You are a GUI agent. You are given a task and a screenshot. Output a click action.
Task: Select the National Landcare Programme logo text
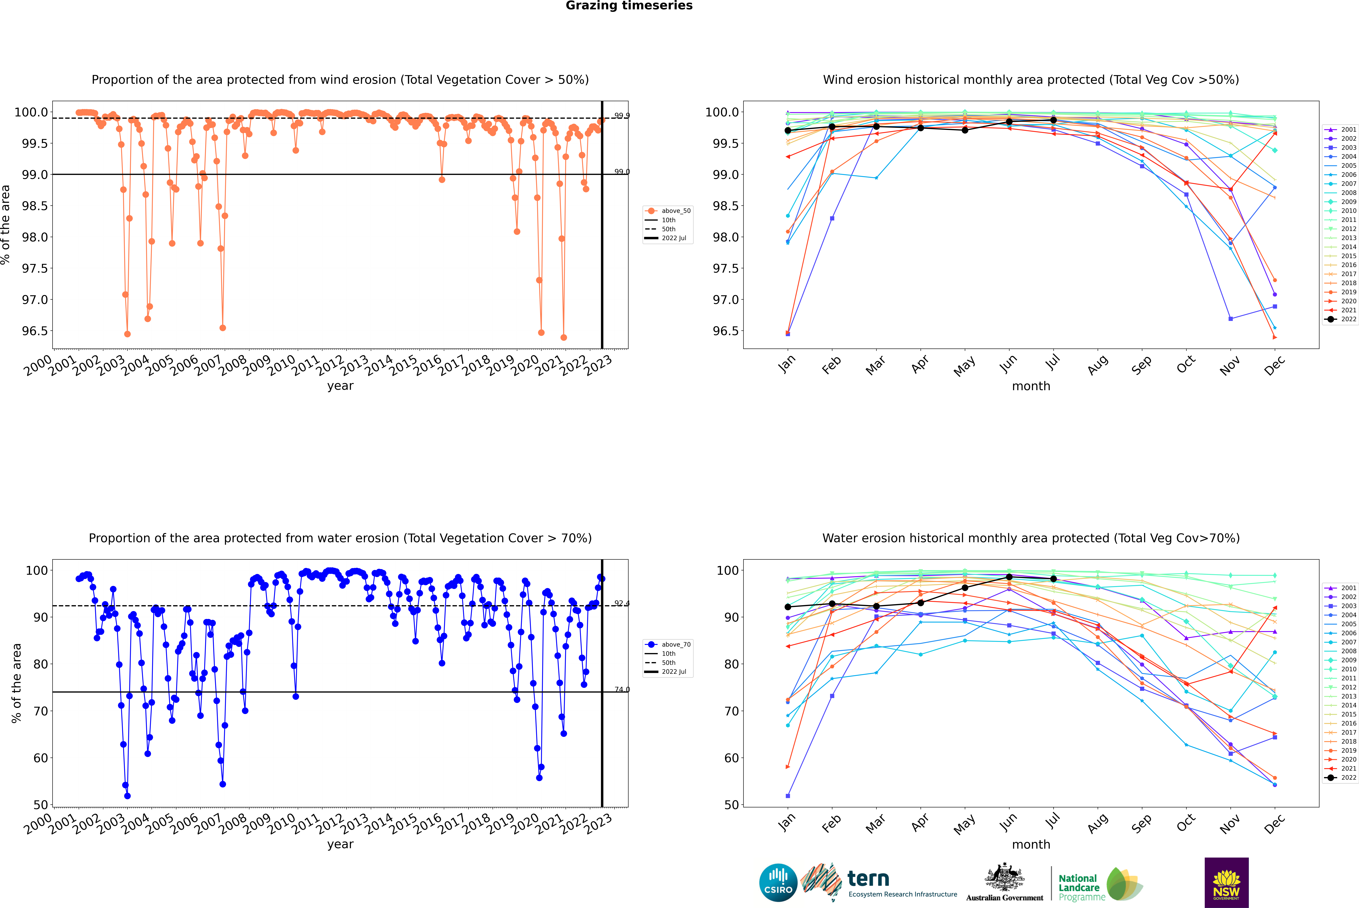(1079, 887)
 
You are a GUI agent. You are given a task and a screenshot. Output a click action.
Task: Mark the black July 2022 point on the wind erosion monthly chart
(1053, 120)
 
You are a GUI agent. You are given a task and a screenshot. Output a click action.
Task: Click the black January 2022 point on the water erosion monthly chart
(788, 607)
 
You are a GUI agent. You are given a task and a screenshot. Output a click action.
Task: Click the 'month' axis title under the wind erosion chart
(1030, 386)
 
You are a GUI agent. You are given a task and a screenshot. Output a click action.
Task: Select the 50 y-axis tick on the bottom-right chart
(731, 805)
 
